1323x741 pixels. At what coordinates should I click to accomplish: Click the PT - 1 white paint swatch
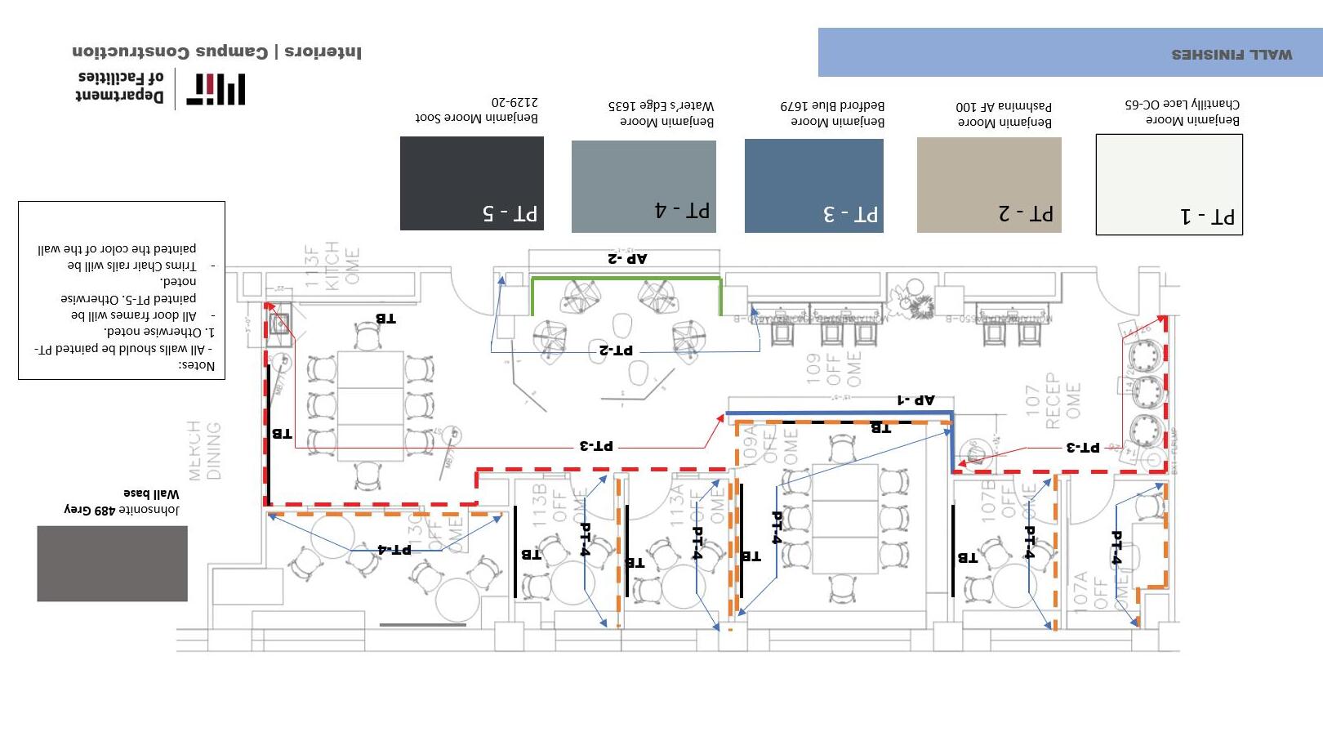click(1169, 185)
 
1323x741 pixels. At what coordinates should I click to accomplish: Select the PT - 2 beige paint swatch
click(989, 185)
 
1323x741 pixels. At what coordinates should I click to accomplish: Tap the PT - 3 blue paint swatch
click(813, 185)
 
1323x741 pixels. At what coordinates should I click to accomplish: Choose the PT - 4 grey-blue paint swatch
click(644, 186)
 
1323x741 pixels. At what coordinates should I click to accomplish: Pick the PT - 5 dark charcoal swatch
click(471, 183)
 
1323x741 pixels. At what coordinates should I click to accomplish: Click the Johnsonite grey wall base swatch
click(112, 564)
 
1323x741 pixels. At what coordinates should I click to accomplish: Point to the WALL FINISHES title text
click(1232, 55)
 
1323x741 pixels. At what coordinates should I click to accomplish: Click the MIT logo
click(216, 89)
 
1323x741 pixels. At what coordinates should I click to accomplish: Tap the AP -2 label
click(626, 259)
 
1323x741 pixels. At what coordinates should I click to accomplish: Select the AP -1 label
click(915, 400)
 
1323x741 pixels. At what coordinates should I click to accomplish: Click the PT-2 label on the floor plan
click(616, 350)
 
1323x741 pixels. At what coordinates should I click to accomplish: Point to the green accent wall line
click(626, 279)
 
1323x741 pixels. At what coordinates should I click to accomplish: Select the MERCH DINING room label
click(203, 450)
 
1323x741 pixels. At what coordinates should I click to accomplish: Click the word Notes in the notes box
click(197, 365)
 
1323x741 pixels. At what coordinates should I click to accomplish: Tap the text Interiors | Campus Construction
click(216, 52)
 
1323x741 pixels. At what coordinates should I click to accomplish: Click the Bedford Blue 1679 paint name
click(832, 105)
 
